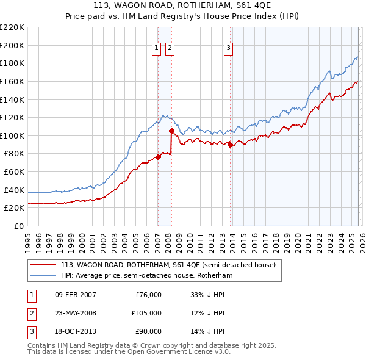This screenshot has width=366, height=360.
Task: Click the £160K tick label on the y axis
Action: [x=12, y=81]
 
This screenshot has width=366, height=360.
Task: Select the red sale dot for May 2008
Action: [x=172, y=131]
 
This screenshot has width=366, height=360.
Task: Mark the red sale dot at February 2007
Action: [x=158, y=157]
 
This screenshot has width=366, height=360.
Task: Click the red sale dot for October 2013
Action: [x=231, y=145]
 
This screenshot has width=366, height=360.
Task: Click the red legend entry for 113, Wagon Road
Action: [x=168, y=265]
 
